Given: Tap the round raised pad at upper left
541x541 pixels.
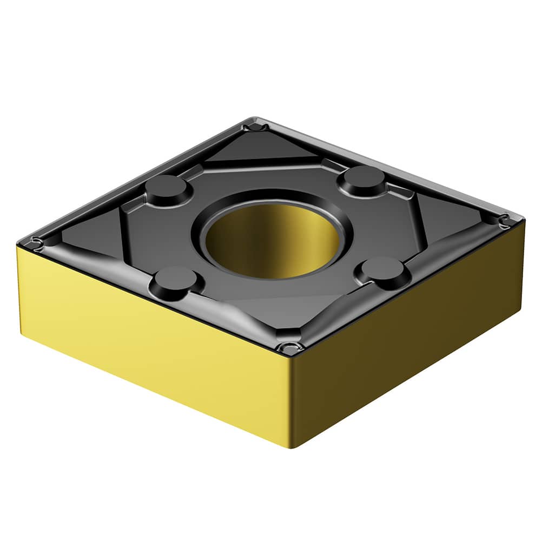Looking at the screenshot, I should [168, 188].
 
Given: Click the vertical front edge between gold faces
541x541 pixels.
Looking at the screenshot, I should [290, 400].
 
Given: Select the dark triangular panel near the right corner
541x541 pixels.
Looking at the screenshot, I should [449, 216].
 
